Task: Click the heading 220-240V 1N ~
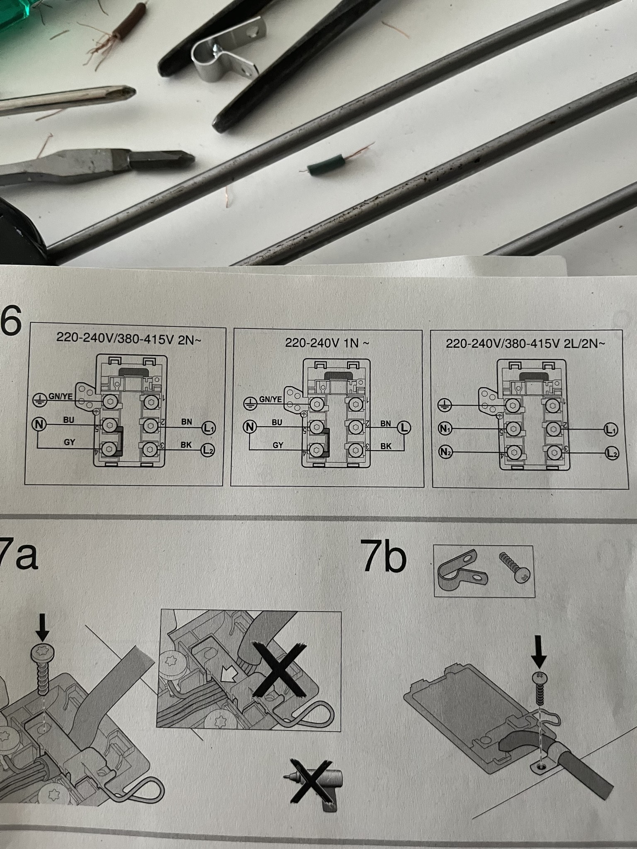(327, 343)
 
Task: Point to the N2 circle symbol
(445, 451)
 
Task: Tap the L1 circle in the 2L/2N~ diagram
(611, 430)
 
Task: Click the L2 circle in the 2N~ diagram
(208, 449)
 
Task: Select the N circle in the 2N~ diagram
(39, 424)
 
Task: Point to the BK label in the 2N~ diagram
(186, 444)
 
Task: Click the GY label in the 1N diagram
(278, 445)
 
